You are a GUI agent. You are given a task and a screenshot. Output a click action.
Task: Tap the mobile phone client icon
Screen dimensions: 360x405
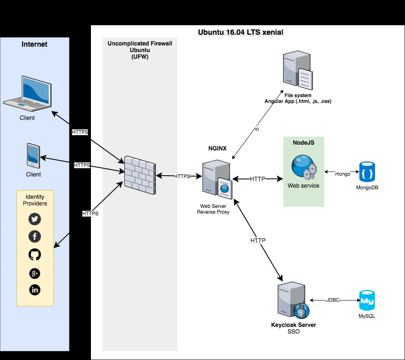pyautogui.click(x=33, y=156)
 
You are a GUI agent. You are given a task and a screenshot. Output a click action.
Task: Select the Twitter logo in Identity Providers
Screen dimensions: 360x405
pyautogui.click(x=35, y=219)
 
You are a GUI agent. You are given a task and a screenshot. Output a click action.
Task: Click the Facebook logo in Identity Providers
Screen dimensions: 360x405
pyautogui.click(x=35, y=236)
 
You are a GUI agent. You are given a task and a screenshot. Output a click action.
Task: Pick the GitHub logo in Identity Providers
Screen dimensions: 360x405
pyautogui.click(x=35, y=255)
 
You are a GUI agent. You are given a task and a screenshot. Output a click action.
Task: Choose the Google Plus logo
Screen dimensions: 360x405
pyautogui.click(x=35, y=273)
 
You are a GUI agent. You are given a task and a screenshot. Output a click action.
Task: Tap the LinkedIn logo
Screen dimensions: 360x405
pyautogui.click(x=35, y=290)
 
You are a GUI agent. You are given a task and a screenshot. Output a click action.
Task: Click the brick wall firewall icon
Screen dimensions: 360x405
pyautogui.click(x=140, y=176)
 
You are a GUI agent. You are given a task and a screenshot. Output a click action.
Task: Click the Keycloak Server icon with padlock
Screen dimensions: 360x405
pyautogui.click(x=293, y=301)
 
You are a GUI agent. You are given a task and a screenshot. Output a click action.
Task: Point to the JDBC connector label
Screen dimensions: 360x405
pyautogui.click(x=333, y=300)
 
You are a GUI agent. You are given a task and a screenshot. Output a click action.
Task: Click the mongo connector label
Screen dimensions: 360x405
pyautogui.click(x=343, y=174)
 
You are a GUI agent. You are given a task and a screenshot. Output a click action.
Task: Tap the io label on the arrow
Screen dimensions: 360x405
pyautogui.click(x=256, y=129)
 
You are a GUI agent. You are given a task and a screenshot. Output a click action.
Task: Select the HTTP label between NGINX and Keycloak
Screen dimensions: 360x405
pyautogui.click(x=258, y=240)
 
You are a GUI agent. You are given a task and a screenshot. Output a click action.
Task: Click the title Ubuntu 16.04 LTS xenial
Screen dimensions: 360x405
pyautogui.click(x=241, y=32)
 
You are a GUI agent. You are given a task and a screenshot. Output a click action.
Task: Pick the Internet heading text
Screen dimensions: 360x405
pyautogui.click(x=34, y=44)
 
